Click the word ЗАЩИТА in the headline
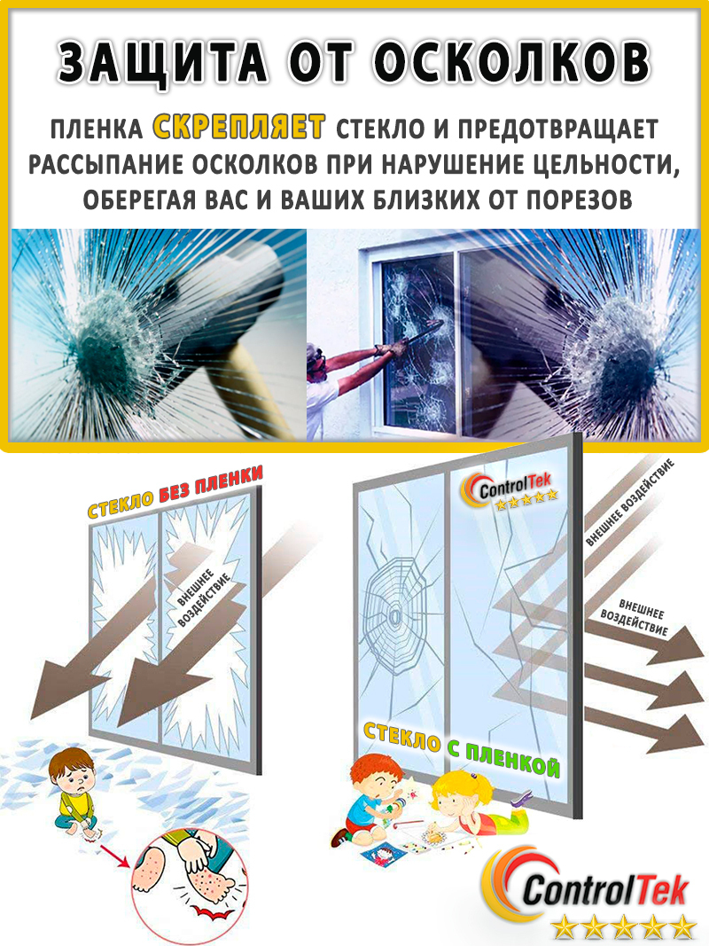coord(163,61)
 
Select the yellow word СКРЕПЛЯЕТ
coord(239,128)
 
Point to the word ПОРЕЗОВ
coord(579,199)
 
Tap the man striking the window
coord(350,368)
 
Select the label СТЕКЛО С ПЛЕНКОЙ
coord(461,748)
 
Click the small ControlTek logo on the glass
coord(510,492)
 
